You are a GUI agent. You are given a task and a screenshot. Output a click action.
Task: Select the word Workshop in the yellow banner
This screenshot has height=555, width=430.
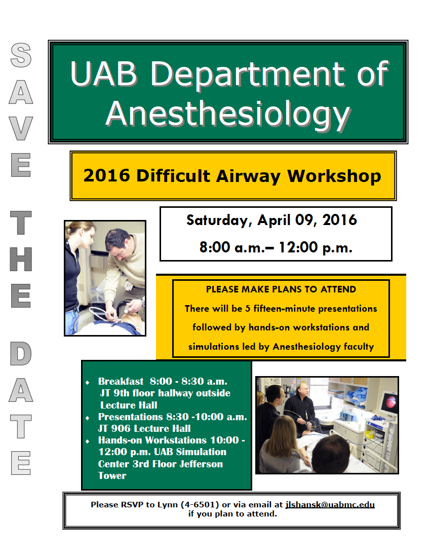334,176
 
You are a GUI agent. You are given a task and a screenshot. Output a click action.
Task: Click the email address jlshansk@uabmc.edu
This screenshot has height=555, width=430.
330,505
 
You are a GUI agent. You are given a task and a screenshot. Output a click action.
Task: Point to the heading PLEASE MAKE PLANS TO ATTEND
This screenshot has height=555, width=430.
281,289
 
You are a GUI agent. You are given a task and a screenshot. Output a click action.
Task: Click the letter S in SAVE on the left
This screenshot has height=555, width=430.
21,55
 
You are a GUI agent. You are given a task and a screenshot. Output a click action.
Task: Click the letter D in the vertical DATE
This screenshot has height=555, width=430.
21,355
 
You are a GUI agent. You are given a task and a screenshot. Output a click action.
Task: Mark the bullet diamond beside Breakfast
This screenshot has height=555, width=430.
88,382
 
